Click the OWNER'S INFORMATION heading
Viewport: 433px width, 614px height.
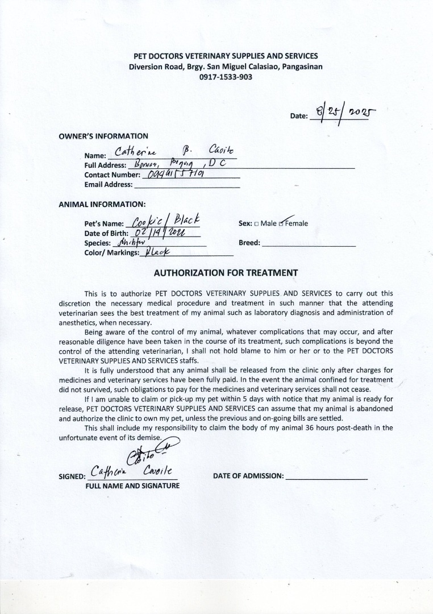tap(103, 136)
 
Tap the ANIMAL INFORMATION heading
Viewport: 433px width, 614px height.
tap(102, 204)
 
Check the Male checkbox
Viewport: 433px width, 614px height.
tap(257, 223)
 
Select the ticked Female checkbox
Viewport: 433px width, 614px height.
tap(281, 223)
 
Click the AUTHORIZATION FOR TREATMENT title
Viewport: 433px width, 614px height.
tap(226, 273)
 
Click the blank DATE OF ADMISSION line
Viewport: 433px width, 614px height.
tap(326, 476)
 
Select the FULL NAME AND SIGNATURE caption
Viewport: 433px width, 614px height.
tap(132, 486)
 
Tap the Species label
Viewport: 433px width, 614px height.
tap(97, 243)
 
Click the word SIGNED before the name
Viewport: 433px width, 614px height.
tap(72, 476)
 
